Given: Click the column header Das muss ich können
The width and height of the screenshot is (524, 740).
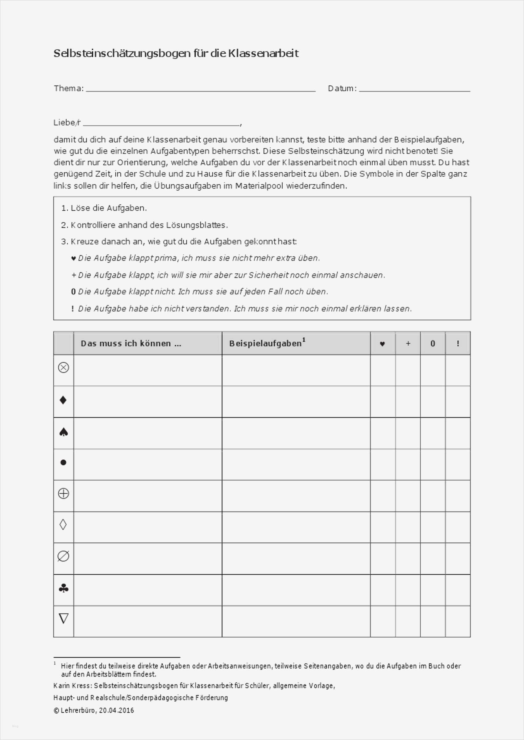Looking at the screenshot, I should coord(131,343).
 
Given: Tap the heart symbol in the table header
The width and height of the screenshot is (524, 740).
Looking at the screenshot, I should coord(382,344).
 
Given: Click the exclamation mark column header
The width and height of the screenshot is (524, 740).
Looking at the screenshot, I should coord(458,343).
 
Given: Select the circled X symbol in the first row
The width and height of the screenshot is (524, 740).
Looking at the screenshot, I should coord(63,368).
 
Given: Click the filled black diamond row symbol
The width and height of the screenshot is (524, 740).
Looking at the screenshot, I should coord(63,400).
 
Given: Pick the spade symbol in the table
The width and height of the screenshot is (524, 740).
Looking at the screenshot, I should coord(64,432).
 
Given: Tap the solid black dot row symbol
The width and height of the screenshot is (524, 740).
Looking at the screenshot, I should coord(63,462).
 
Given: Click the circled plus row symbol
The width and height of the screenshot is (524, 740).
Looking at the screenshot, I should coord(63,493).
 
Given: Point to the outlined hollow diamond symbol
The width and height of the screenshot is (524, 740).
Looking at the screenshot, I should coord(63,525).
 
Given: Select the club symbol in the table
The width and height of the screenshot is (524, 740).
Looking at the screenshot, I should coord(64,589).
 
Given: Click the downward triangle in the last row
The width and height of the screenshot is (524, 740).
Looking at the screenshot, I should coord(64,619).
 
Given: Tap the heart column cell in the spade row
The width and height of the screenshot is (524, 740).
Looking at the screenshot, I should coord(383,433).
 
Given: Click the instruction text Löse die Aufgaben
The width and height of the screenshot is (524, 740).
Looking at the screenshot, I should coord(108,208).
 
